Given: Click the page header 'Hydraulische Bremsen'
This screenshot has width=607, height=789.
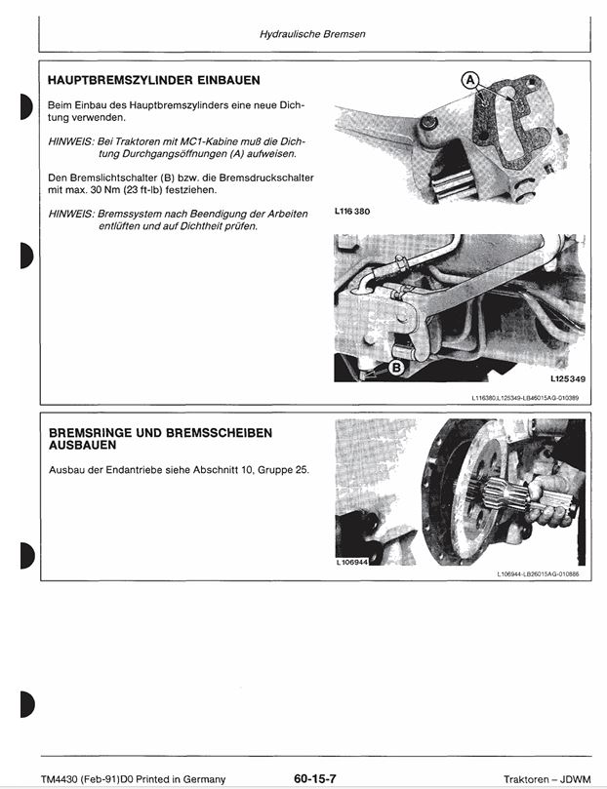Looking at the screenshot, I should [312, 34].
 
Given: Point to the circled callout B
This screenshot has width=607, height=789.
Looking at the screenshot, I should [396, 368].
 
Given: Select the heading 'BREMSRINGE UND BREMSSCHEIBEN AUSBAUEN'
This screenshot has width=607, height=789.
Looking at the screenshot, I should [160, 438].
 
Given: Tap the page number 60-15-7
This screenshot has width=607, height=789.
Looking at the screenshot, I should [314, 778].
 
